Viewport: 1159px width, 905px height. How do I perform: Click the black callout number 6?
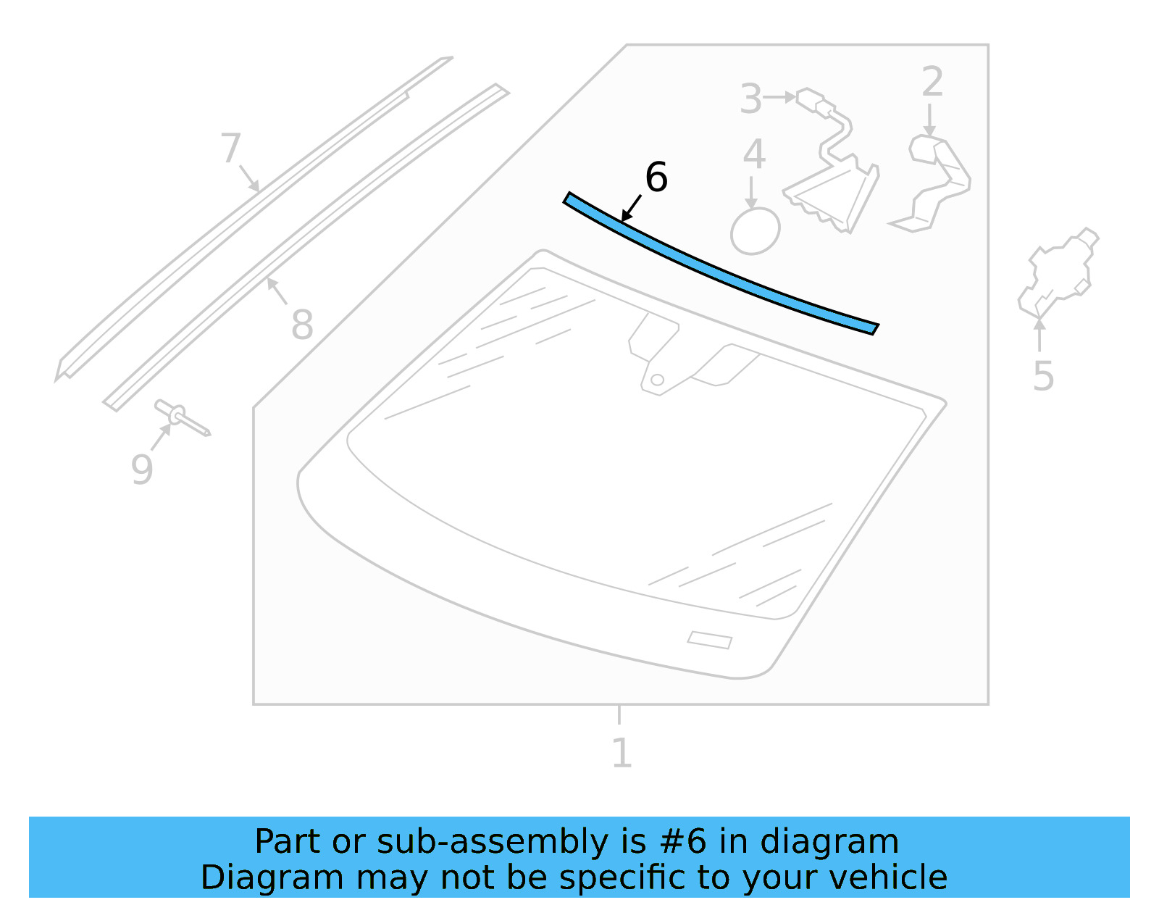[x=656, y=178]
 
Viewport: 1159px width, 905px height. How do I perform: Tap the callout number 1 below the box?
[x=622, y=753]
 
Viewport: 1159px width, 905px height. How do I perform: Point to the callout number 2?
[x=932, y=82]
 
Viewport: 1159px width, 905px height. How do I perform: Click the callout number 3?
[x=751, y=99]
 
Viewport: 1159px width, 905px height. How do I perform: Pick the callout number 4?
[x=754, y=155]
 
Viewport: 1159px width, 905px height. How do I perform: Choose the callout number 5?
[x=1043, y=376]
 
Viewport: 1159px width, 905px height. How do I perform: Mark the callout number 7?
[x=230, y=148]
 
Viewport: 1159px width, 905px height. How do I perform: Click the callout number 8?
[x=302, y=324]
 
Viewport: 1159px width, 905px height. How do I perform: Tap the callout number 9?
[x=142, y=469]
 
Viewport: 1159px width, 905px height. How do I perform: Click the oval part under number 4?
[x=755, y=232]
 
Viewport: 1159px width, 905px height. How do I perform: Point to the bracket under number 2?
[x=934, y=181]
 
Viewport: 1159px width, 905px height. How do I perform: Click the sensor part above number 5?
[x=1059, y=272]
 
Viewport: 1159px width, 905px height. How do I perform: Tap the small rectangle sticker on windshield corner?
[x=709, y=640]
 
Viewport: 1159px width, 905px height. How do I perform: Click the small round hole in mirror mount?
[x=657, y=380]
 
